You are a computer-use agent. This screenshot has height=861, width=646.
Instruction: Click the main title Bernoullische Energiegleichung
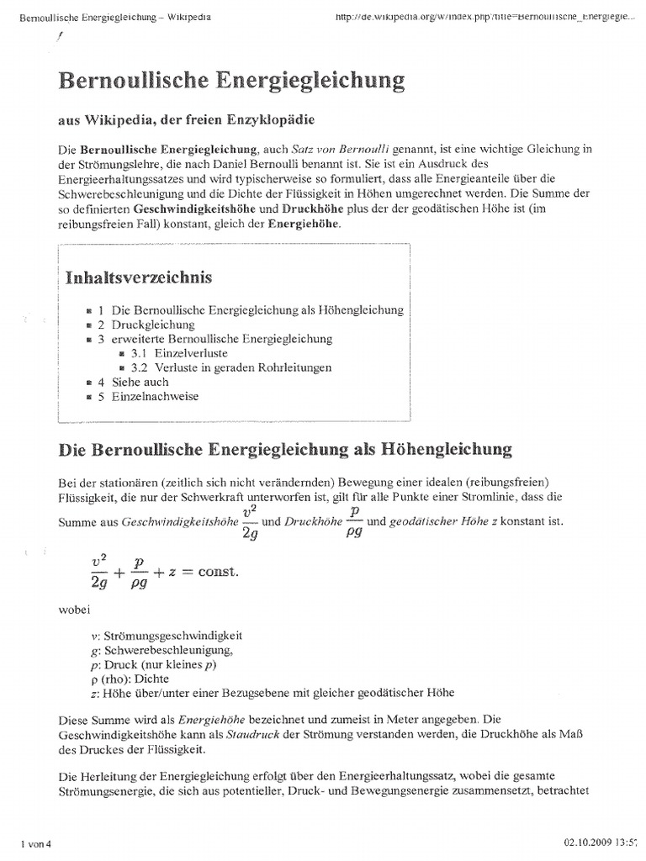(230, 81)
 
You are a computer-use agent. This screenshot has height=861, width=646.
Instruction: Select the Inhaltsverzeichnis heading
(139, 277)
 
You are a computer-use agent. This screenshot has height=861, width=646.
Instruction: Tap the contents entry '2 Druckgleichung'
(146, 325)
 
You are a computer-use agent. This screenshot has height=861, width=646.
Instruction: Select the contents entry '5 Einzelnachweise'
(148, 396)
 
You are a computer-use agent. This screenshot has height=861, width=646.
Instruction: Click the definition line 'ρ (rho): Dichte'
(130, 679)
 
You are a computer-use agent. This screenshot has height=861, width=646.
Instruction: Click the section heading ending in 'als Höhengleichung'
(284, 449)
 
